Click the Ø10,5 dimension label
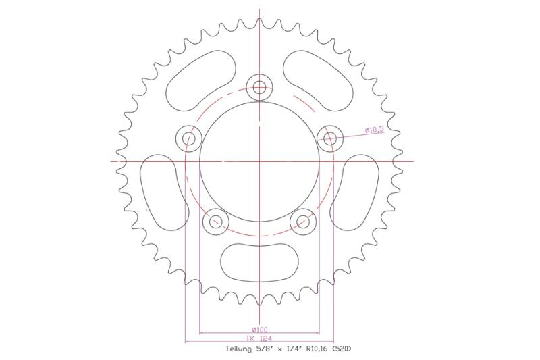point(374,130)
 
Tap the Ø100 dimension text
point(260,330)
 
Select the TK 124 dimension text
point(259,338)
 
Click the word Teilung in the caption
point(239,349)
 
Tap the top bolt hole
point(259,87)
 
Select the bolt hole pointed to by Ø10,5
point(330,138)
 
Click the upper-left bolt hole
point(188,138)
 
